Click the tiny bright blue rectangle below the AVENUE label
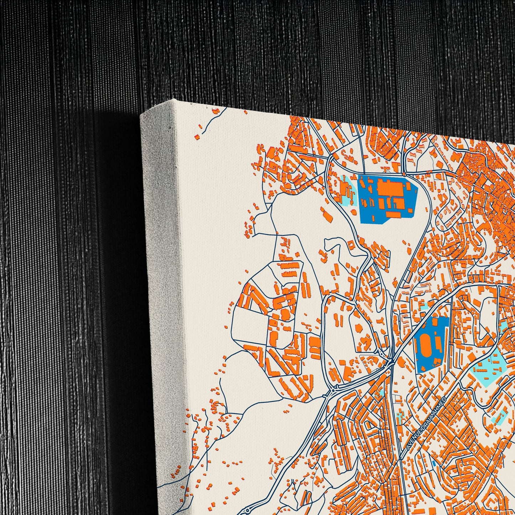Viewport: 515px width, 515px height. pos(434,463)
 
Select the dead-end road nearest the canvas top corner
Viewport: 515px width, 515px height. pos(215,112)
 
